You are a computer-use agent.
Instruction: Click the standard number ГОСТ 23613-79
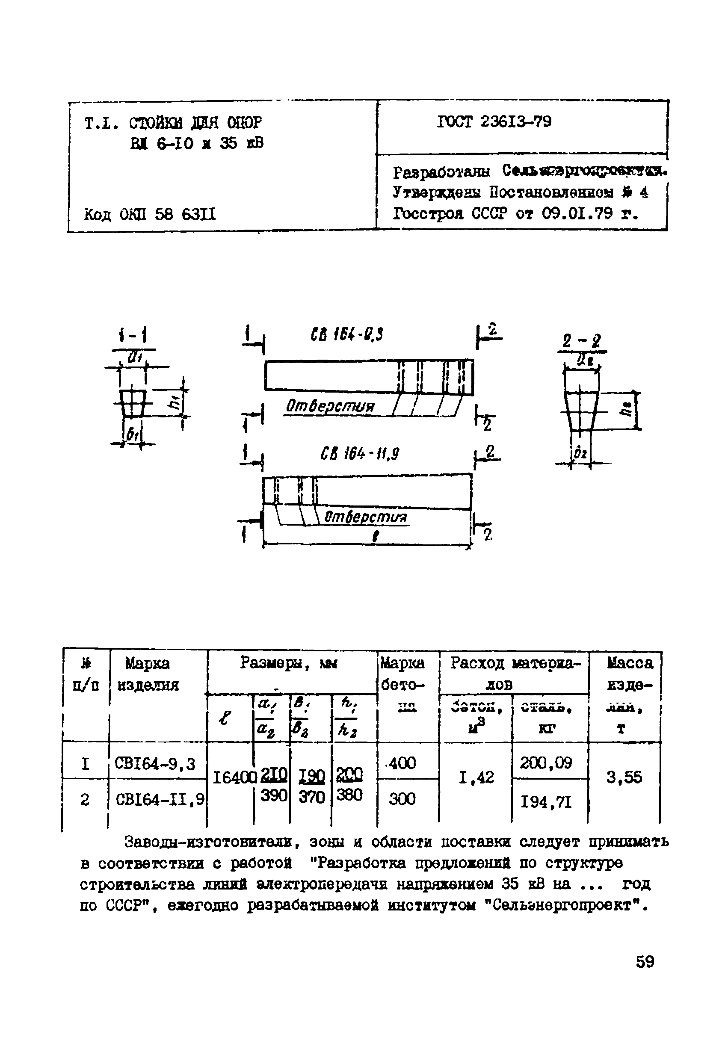click(x=494, y=122)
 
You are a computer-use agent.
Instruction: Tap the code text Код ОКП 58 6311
click(x=150, y=214)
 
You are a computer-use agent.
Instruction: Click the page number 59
click(x=645, y=962)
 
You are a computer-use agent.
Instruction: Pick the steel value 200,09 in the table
click(x=546, y=763)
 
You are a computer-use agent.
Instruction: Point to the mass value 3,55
click(x=624, y=777)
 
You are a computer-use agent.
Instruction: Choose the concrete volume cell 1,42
click(x=476, y=777)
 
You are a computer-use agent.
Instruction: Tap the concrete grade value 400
click(x=402, y=763)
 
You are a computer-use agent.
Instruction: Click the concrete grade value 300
click(x=402, y=799)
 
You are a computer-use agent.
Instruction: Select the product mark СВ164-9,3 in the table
click(x=155, y=764)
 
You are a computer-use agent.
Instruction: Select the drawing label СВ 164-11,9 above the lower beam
click(x=360, y=455)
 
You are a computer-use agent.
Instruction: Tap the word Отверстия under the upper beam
click(x=330, y=406)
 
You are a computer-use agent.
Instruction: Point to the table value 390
click(x=273, y=795)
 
